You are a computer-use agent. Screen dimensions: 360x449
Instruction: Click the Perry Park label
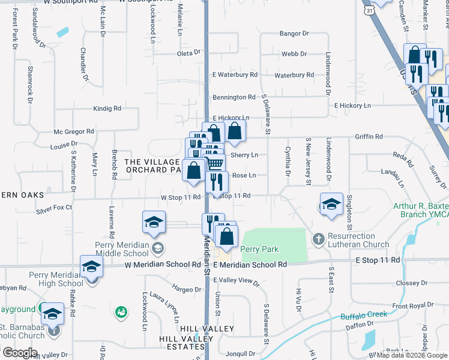pyautogui.click(x=259, y=249)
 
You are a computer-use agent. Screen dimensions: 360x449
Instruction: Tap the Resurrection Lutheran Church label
pyautogui.click(x=358, y=240)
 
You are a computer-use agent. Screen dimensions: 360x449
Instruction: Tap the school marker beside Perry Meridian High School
pyautogui.click(x=91, y=266)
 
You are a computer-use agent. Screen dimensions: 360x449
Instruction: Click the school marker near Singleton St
pyautogui.click(x=331, y=203)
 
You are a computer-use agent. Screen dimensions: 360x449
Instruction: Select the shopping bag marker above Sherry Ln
pyautogui.click(x=235, y=131)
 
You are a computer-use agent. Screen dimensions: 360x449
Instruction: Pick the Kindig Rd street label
pyautogui.click(x=107, y=109)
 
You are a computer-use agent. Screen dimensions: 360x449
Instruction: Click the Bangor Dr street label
pyautogui.click(x=294, y=34)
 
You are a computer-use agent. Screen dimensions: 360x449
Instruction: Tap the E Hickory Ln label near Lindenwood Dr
pyautogui.click(x=352, y=106)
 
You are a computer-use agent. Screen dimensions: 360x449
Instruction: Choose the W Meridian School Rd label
pyautogui.click(x=163, y=265)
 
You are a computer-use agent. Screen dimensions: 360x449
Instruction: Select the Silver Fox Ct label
pyautogui.click(x=54, y=208)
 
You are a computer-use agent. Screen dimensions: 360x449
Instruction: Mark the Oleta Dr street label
pyautogui.click(x=188, y=53)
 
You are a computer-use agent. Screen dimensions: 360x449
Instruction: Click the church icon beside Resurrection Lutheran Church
pyautogui.click(x=318, y=239)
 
